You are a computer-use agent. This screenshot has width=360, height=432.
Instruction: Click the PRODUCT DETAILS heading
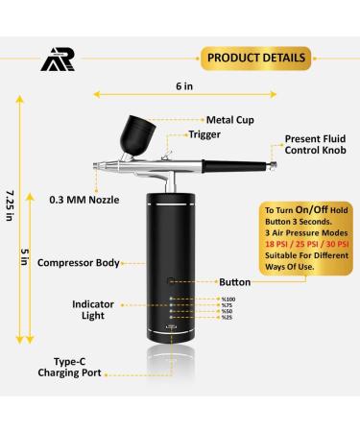(256, 58)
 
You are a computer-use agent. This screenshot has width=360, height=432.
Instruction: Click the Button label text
(234, 283)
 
